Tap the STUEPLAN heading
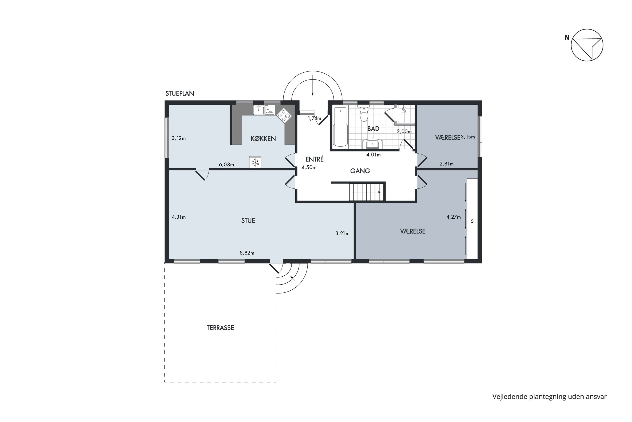click(180, 93)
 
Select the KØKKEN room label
click(263, 139)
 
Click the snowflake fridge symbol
click(255, 162)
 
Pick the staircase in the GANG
click(367, 192)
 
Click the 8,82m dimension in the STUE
click(247, 253)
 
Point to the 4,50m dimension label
click(309, 167)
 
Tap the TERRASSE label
click(220, 328)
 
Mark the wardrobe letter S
click(472, 221)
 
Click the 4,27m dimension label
click(454, 217)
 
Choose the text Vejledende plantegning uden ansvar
click(549, 396)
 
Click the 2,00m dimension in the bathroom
click(404, 132)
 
